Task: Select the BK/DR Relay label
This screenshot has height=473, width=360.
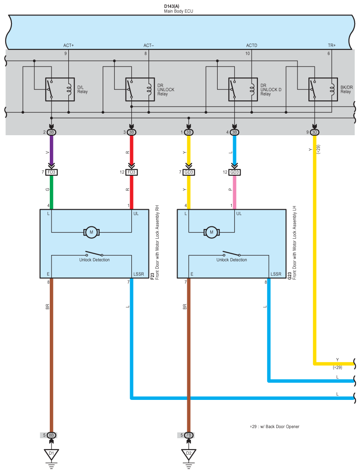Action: (x=346, y=89)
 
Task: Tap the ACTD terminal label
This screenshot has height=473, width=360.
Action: (x=252, y=45)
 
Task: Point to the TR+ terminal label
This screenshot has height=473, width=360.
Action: (x=332, y=45)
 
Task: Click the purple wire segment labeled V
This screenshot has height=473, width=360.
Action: (x=52, y=151)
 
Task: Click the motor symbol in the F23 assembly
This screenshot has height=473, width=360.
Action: (x=92, y=232)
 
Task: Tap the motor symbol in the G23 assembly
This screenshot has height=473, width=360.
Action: (x=212, y=232)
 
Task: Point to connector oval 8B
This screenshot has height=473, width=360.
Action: (x=52, y=435)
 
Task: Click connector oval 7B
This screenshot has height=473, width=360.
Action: (x=189, y=435)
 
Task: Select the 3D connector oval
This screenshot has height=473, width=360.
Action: (x=315, y=132)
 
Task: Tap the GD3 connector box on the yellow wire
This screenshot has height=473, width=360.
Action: (x=189, y=172)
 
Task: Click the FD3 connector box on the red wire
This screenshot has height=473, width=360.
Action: (x=132, y=172)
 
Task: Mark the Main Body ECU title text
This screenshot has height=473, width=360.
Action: (x=178, y=11)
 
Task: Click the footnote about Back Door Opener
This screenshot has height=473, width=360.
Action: (x=275, y=427)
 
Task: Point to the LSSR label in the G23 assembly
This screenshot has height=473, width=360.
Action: (x=276, y=274)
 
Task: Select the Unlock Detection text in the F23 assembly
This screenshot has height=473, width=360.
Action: (x=94, y=260)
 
